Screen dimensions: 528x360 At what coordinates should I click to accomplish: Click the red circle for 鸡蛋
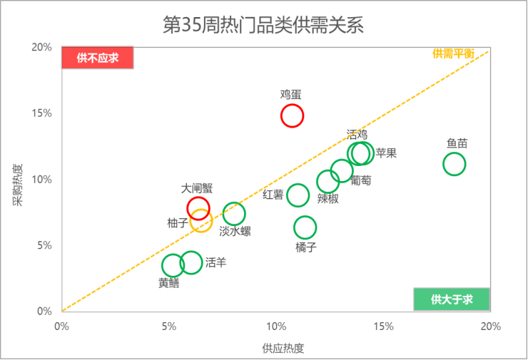(x=292, y=105)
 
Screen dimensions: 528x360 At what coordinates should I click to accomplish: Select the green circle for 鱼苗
(x=455, y=153)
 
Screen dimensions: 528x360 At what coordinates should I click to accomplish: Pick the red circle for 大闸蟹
(x=198, y=197)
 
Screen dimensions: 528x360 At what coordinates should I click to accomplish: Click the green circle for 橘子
(x=305, y=216)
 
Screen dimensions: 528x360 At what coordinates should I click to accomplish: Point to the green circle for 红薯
(x=298, y=184)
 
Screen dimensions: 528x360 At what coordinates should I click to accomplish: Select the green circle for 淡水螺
(x=234, y=202)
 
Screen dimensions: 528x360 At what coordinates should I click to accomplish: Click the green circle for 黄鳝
(x=173, y=254)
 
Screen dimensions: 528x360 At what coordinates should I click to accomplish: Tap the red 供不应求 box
(x=98, y=58)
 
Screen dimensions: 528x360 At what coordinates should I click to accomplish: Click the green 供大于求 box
(x=452, y=299)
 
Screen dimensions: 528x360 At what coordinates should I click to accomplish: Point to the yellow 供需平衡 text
(x=453, y=53)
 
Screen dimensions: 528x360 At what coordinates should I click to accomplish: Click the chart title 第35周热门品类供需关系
(x=263, y=25)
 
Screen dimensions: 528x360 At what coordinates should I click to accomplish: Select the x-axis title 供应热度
(x=283, y=348)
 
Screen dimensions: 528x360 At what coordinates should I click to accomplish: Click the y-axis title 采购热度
(x=18, y=185)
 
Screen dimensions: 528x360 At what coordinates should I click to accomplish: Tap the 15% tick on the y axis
(x=42, y=113)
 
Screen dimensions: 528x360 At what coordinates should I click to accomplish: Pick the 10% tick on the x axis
(x=276, y=326)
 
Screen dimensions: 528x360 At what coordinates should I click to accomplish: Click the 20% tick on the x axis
(x=491, y=326)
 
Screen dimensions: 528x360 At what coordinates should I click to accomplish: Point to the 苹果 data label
(x=386, y=153)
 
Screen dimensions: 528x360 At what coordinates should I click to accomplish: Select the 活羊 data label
(x=216, y=262)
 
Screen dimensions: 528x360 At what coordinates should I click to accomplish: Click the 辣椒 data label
(x=328, y=198)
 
